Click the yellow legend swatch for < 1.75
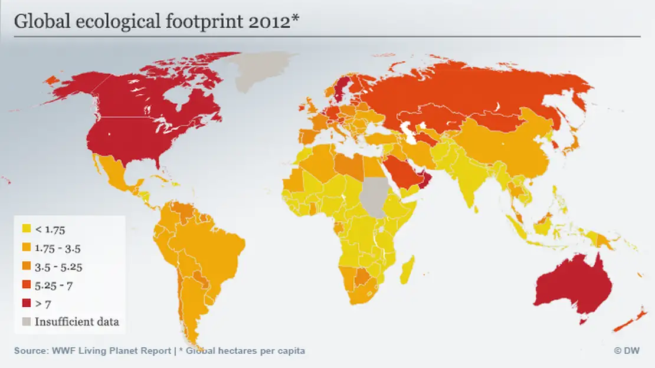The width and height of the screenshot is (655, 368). [x=26, y=228]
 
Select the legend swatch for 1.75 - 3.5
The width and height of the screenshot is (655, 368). [x=26, y=247]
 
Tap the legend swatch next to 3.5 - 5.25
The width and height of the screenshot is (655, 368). [x=26, y=266]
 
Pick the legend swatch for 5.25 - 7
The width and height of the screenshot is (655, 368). [x=26, y=285]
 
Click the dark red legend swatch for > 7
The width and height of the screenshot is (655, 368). [x=26, y=304]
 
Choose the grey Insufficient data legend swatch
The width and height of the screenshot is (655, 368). [x=26, y=322]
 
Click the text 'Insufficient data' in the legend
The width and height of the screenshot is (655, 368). [x=77, y=322]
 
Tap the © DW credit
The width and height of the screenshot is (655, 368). [x=627, y=350]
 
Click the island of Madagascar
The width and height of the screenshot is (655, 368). [x=408, y=270]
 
